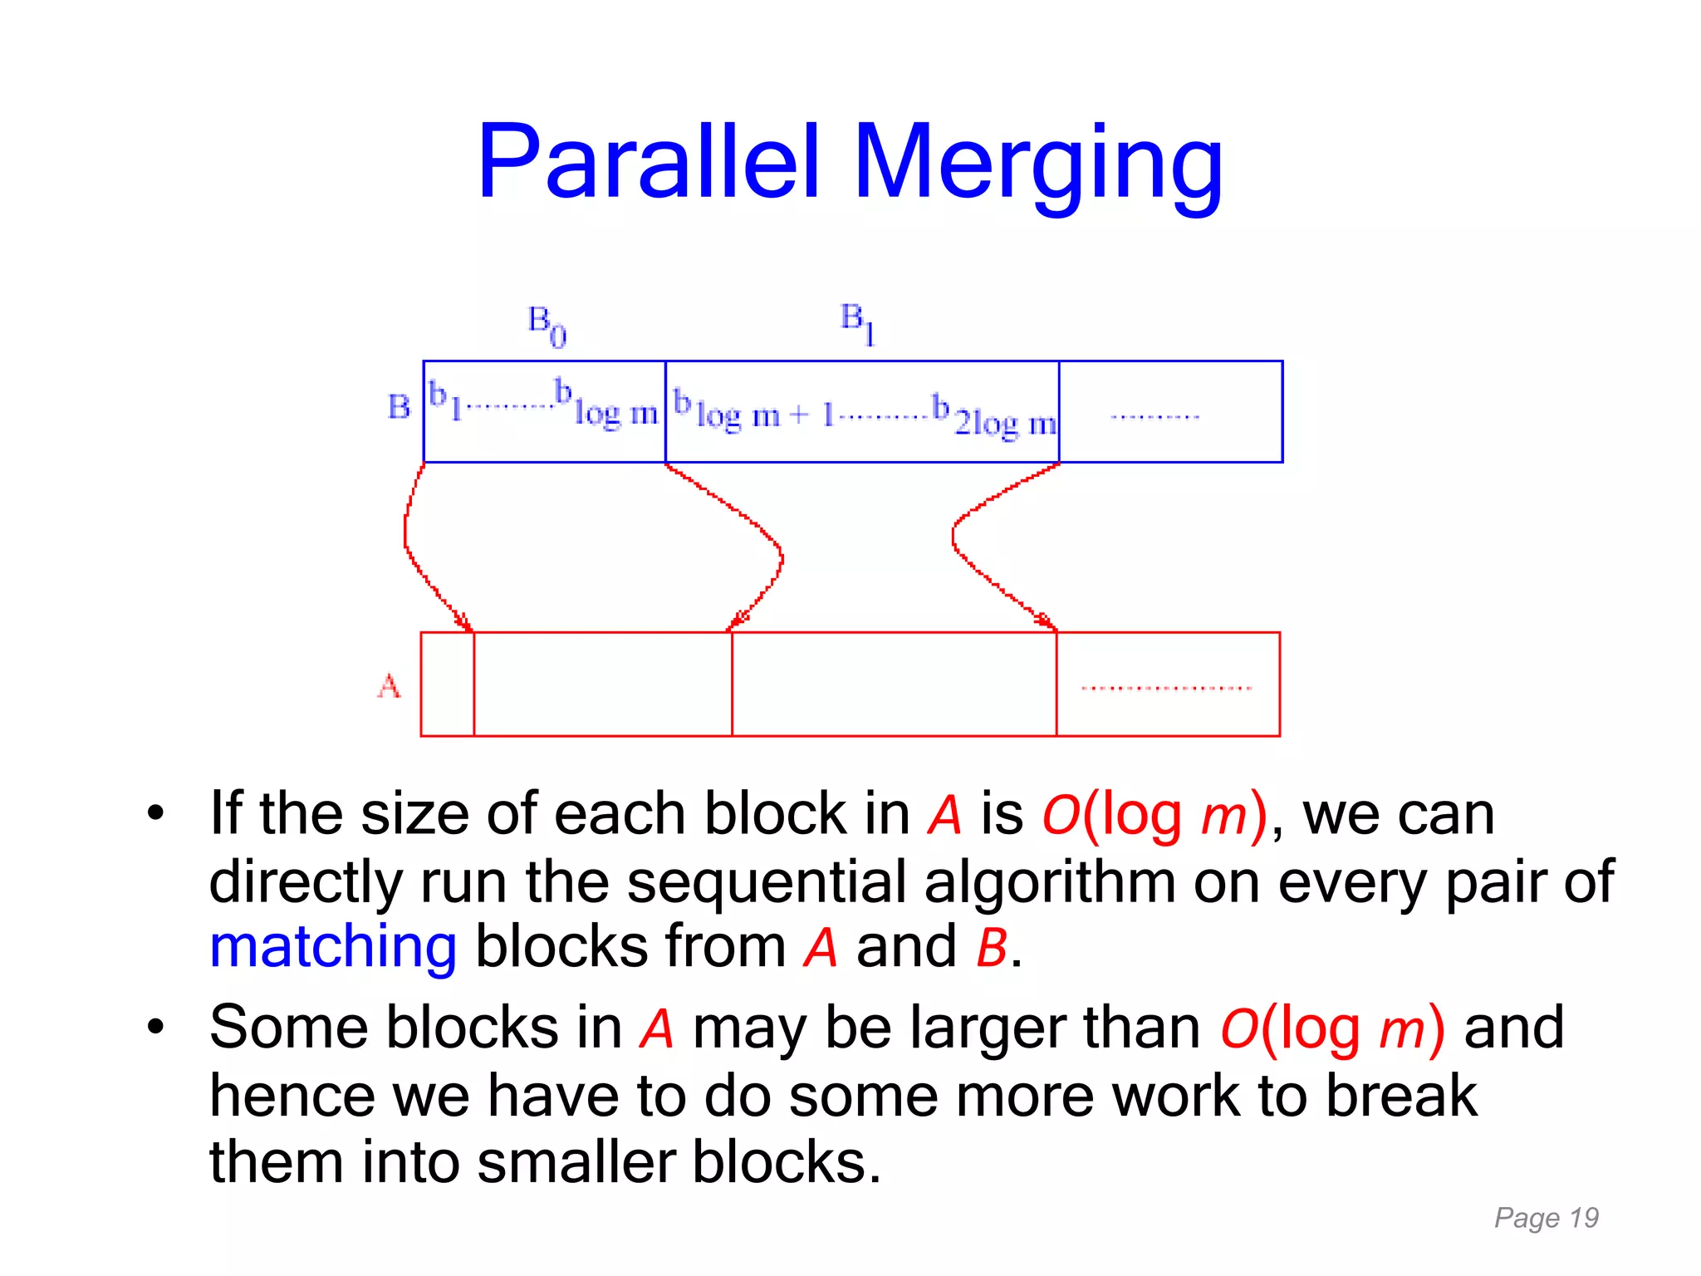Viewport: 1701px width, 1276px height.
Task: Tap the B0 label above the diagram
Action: (x=547, y=325)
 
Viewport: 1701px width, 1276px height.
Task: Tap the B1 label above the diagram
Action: (x=857, y=322)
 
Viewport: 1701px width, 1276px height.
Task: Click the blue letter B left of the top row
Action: (x=399, y=407)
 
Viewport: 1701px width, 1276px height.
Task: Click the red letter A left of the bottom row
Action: (x=389, y=686)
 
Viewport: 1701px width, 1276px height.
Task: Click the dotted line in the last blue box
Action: (x=1154, y=416)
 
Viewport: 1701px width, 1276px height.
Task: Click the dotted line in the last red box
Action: (x=1166, y=688)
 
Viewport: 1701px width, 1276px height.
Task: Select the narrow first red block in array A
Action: (x=447, y=684)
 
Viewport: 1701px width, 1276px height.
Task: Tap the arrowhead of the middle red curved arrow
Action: (x=736, y=622)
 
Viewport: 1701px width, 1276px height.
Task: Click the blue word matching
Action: (x=332, y=947)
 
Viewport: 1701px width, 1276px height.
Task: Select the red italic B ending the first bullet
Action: (x=991, y=947)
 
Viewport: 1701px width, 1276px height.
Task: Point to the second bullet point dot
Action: (x=155, y=1028)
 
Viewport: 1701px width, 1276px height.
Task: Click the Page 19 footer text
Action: (x=1546, y=1218)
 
